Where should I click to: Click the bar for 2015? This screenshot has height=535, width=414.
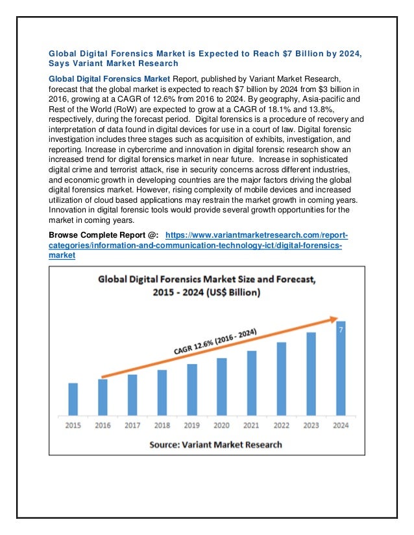[73, 399]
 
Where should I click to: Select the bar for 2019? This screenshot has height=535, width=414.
[192, 389]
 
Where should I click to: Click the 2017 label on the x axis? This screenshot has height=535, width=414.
[132, 425]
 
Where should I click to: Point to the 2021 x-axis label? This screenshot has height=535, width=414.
[252, 425]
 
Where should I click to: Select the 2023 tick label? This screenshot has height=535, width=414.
[311, 425]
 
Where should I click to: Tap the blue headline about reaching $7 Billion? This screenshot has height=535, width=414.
[204, 58]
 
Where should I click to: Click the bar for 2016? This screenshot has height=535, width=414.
[103, 397]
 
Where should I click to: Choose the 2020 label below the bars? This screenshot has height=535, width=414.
[222, 425]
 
